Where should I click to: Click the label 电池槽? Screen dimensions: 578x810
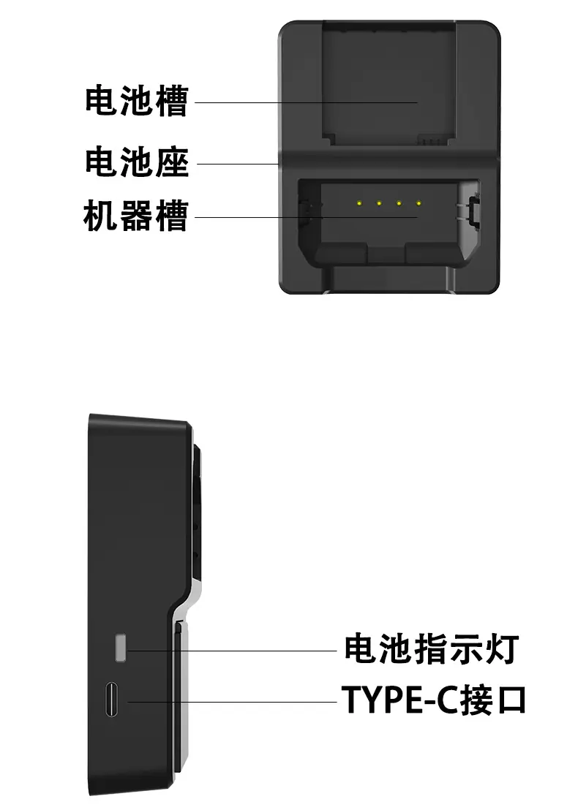tap(136, 102)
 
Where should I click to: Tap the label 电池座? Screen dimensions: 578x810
tap(136, 162)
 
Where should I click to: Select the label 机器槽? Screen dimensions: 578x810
tap(136, 216)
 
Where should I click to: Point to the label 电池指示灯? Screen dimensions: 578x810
tap(431, 648)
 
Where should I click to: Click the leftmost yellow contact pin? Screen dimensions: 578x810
tap(359, 202)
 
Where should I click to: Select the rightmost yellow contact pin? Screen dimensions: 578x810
tap(419, 202)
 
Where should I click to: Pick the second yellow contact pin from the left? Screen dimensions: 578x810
tap(379, 202)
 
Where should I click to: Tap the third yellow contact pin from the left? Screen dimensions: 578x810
tap(399, 202)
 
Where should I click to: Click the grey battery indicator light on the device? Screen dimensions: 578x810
tap(121, 648)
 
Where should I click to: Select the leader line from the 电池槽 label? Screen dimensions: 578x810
tap(307, 102)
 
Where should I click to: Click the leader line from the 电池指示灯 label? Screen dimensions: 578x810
tap(234, 650)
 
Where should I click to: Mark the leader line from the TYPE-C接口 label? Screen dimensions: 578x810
tap(234, 702)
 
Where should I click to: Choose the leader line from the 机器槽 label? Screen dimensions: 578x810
tap(307, 217)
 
